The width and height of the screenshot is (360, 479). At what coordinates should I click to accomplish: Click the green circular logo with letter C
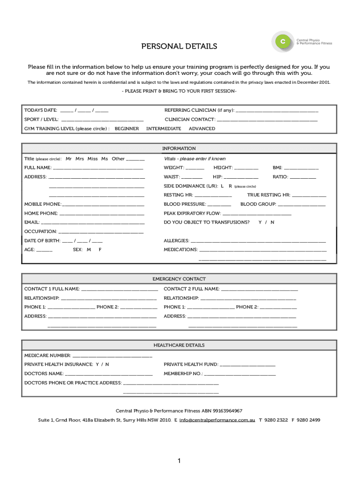click(x=282, y=42)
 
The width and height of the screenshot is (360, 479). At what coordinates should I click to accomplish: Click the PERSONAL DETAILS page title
click(x=180, y=46)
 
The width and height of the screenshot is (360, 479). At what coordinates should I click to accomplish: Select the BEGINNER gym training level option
click(x=127, y=129)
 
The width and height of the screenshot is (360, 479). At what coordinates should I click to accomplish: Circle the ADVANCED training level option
click(x=202, y=129)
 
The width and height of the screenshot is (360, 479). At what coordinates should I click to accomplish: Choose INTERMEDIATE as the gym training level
click(x=164, y=129)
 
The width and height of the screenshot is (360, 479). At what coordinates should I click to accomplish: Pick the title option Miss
click(x=93, y=159)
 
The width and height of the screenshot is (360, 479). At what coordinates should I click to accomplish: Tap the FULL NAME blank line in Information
click(x=98, y=168)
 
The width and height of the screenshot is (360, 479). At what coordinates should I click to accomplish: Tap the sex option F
click(x=100, y=250)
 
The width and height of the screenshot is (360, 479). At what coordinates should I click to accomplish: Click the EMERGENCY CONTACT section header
click(x=179, y=279)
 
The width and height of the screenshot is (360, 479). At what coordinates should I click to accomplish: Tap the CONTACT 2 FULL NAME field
click(x=259, y=290)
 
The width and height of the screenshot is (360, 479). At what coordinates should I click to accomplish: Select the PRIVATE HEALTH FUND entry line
click(x=247, y=365)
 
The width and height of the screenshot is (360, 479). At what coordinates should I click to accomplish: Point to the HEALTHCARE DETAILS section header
click(x=179, y=345)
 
